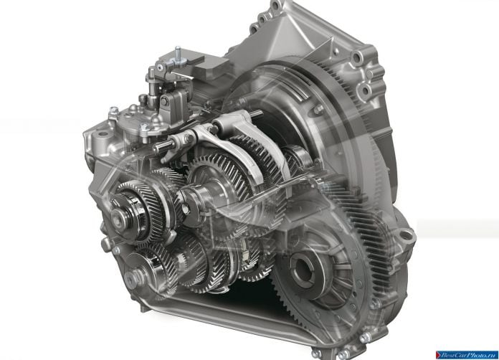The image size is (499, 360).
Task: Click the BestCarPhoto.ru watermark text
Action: tap(470, 355)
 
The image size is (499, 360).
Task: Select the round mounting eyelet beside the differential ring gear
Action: tap(407, 236)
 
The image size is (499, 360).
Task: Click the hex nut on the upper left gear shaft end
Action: tap(118, 219)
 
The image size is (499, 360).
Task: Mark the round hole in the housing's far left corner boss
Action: tap(103, 133)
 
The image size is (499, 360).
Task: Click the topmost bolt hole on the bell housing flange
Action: tap(275, 6)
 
